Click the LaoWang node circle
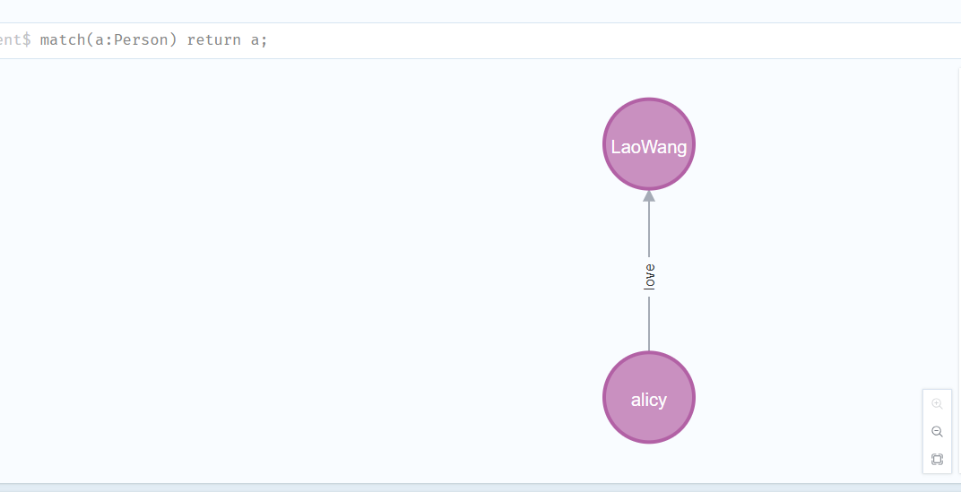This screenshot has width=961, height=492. (649, 144)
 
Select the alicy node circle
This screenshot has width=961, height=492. (649, 397)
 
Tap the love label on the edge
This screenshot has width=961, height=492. (650, 277)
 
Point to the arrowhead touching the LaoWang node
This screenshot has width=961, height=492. (649, 195)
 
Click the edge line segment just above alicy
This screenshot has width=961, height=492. (649, 324)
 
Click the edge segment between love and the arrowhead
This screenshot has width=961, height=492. (649, 229)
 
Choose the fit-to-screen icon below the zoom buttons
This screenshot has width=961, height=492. (937, 459)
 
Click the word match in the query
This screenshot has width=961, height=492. (63, 40)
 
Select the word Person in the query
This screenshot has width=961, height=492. (141, 40)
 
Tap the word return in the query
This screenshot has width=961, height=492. (214, 40)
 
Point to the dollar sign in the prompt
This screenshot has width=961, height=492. (26, 40)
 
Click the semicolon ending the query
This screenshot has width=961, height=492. (264, 41)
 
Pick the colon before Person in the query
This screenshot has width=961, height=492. (108, 41)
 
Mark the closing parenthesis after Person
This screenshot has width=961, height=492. (173, 40)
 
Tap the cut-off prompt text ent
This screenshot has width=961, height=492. (10, 40)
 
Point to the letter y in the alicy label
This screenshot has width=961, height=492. (662, 401)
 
